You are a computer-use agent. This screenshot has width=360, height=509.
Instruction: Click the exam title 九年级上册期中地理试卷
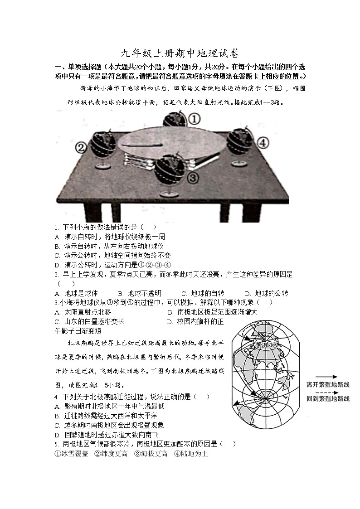click(x=180, y=53)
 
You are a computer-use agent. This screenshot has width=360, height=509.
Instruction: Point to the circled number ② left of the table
click(x=81, y=147)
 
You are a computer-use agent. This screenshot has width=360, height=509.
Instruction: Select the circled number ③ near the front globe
click(x=192, y=177)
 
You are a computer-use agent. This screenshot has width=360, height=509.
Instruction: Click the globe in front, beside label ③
click(x=169, y=171)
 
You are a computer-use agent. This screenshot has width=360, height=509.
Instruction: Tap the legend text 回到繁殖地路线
click(x=328, y=398)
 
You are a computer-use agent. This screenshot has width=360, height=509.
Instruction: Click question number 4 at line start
click(x=56, y=397)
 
